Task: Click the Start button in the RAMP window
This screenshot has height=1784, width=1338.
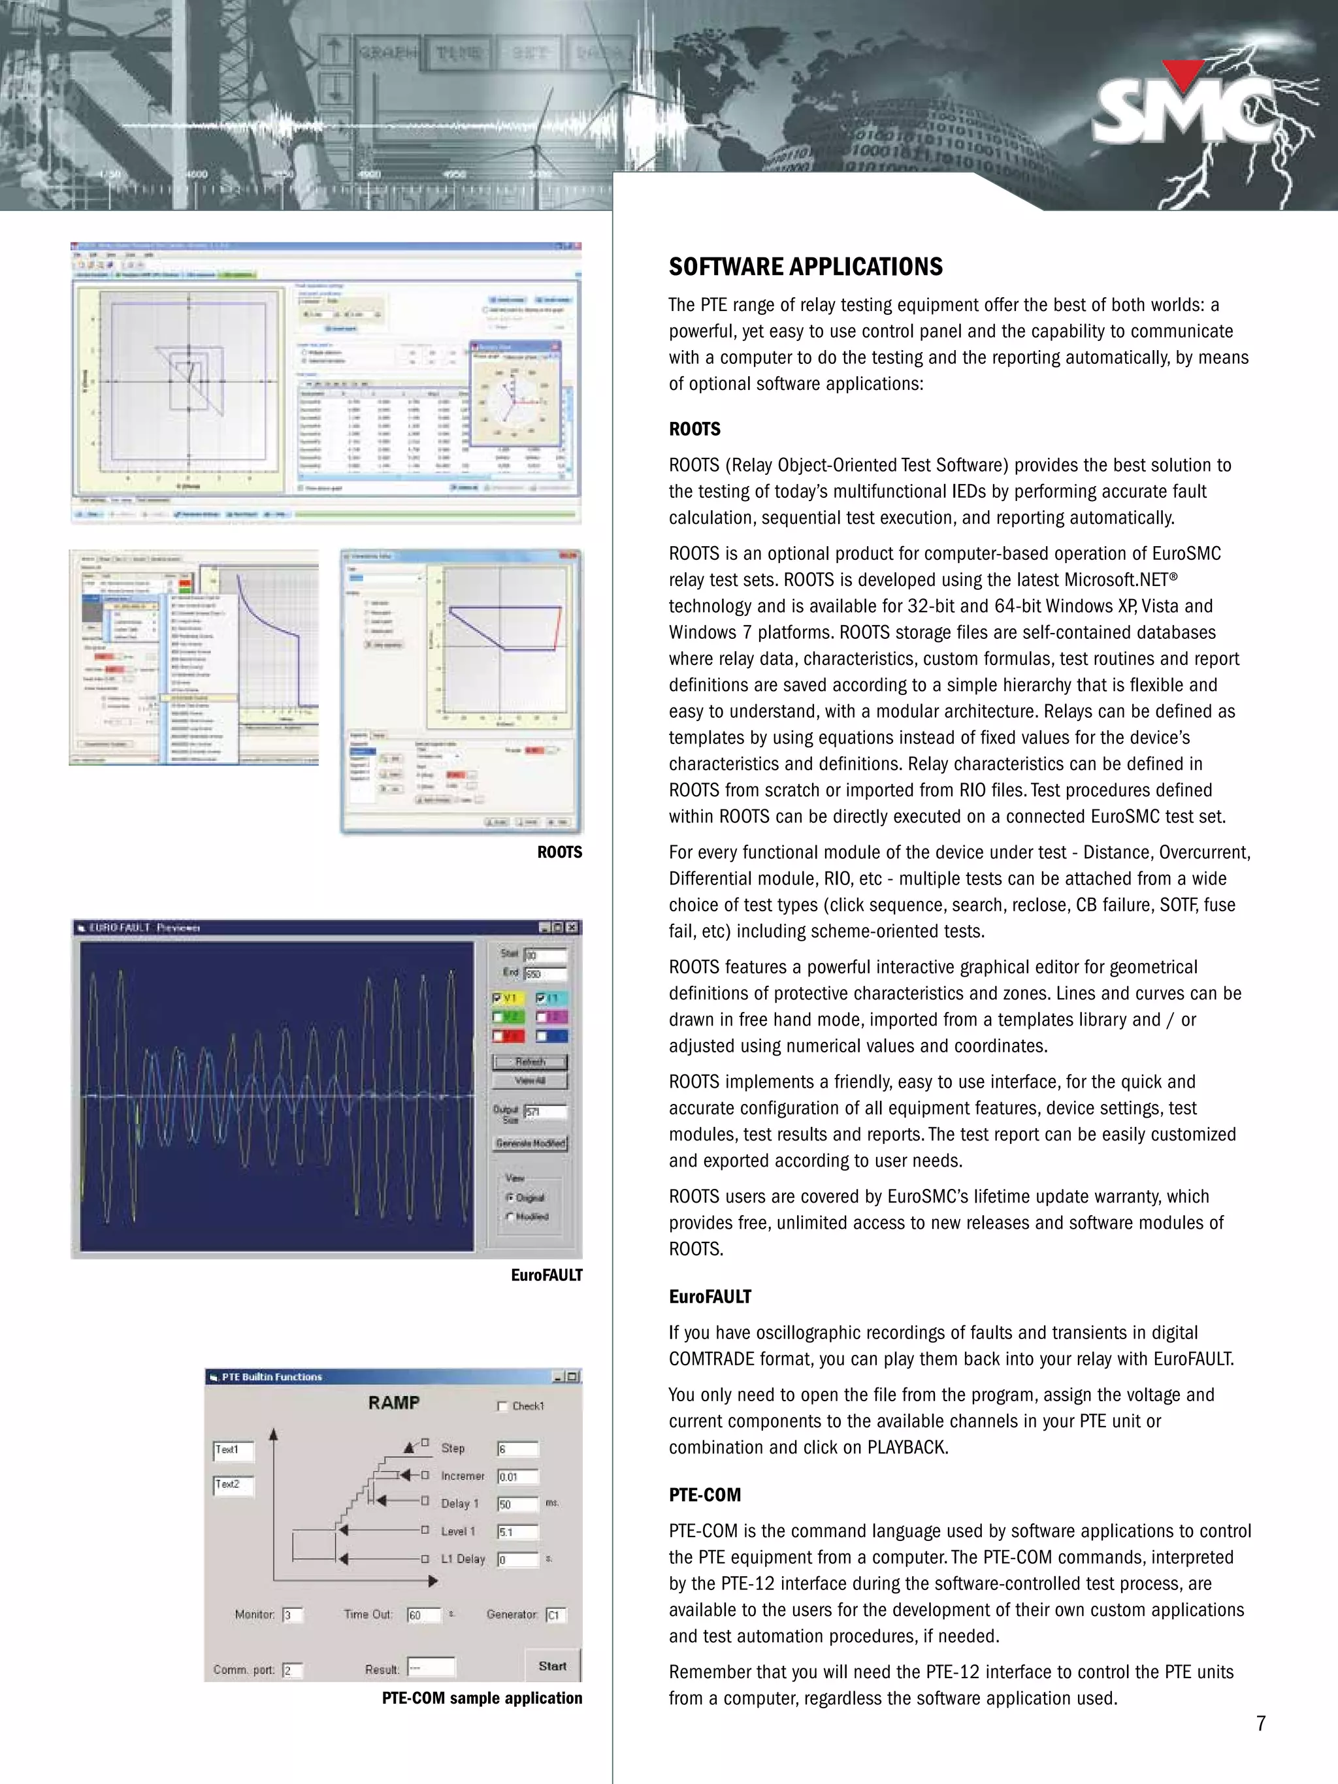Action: pos(553,1666)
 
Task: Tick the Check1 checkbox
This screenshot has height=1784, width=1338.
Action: pos(502,1406)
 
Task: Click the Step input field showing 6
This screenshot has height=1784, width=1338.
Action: pos(517,1448)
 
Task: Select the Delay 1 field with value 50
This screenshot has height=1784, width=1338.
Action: pos(517,1504)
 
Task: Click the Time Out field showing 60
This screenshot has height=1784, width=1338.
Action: pos(423,1615)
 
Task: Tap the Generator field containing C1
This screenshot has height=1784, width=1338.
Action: pos(556,1615)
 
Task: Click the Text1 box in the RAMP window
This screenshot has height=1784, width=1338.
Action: pos(233,1450)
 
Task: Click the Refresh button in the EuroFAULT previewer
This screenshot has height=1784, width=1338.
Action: pos(530,1062)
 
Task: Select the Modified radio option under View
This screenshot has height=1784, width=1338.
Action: pos(510,1216)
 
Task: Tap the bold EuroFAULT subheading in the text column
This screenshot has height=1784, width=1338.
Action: pos(710,1297)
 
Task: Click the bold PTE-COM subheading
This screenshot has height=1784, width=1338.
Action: pos(704,1495)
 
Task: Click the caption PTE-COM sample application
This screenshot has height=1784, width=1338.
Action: pos(481,1698)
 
